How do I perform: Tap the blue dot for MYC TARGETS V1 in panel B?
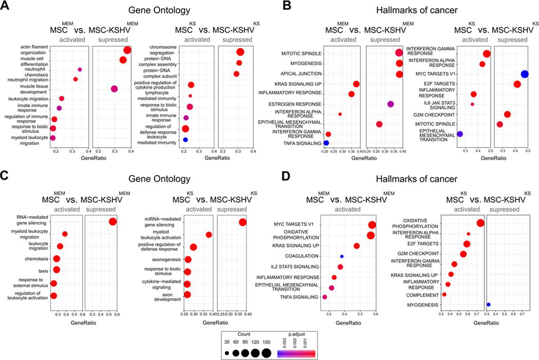click(525, 74)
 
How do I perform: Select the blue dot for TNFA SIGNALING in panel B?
click(326, 143)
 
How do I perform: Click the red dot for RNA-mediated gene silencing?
click(113, 222)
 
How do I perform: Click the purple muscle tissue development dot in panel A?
click(114, 89)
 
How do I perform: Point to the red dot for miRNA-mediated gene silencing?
click(242, 222)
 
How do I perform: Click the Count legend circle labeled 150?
click(266, 353)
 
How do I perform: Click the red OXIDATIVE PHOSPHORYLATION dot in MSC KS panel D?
click(480, 223)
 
